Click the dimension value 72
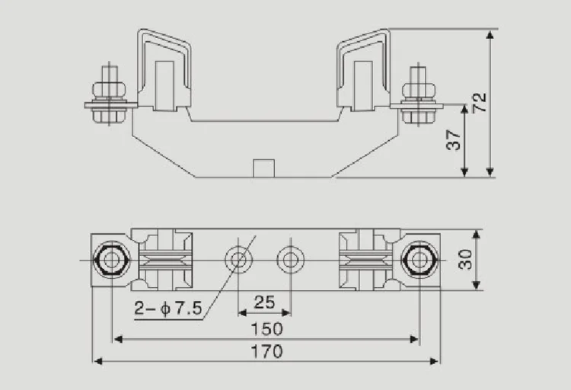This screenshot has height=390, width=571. coord(480,103)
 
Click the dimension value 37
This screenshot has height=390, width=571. coord(455,139)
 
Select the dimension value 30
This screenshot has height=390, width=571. coord(465,260)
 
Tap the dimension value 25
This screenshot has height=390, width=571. coord(264,302)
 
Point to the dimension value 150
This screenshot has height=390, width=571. coord(266,329)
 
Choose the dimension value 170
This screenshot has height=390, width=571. coord(266,352)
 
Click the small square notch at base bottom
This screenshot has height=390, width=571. coord(263,168)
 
